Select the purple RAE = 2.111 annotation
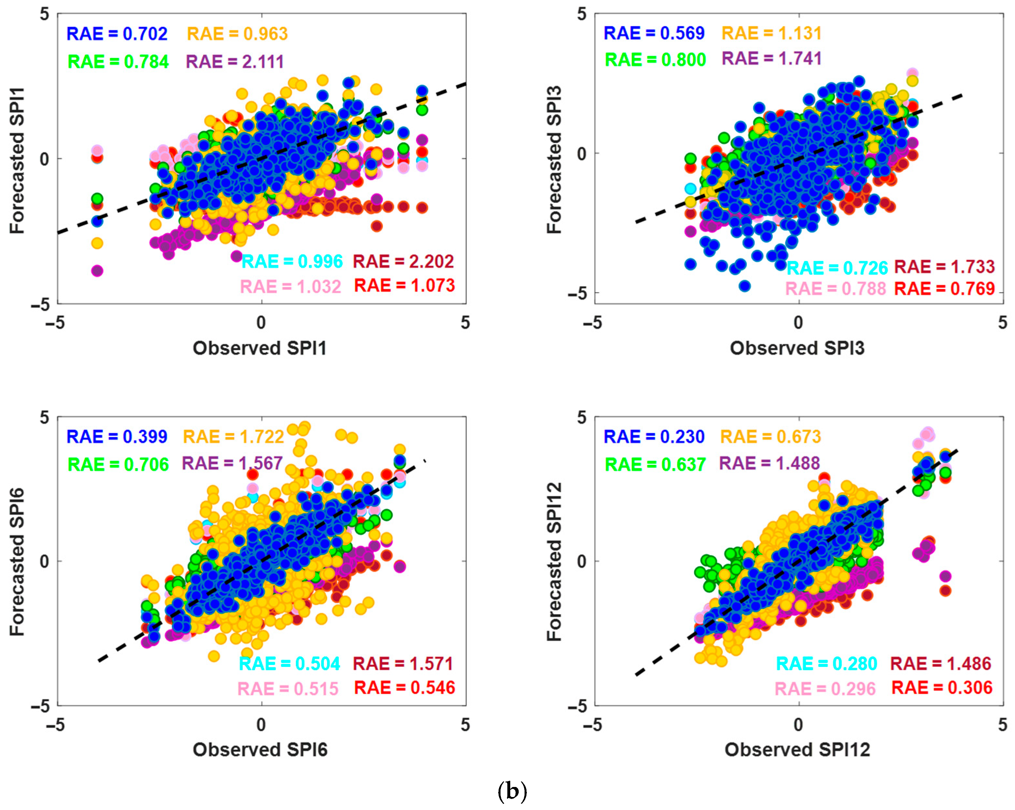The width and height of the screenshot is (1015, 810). tap(235, 62)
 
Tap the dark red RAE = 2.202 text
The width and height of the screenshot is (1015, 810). tap(403, 262)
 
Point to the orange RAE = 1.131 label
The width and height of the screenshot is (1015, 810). tap(772, 33)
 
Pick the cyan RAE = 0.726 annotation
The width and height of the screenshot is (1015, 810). tap(837, 268)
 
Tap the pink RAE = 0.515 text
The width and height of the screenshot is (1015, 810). tap(288, 689)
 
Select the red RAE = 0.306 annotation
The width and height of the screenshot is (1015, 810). tap(942, 688)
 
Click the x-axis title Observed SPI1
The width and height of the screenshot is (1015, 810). tap(260, 348)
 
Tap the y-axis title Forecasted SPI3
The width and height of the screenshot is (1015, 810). tap(554, 160)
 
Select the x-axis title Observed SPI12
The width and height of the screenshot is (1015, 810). tap(797, 750)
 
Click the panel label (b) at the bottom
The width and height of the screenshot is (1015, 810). tap(512, 792)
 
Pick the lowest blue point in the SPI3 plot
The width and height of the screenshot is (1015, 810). tap(744, 286)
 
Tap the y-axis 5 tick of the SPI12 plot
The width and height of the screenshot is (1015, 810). tap(582, 417)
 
